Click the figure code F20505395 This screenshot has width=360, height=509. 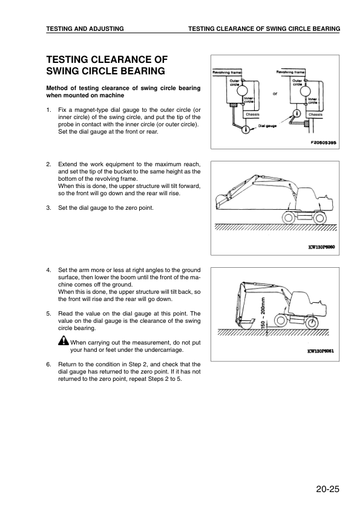click(319, 143)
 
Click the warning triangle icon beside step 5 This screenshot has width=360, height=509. click(63, 342)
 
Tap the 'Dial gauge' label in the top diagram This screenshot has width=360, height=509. click(267, 126)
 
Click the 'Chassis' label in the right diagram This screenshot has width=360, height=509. click(315, 114)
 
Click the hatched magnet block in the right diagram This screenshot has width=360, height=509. click(307, 124)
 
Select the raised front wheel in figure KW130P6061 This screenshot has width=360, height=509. click(280, 320)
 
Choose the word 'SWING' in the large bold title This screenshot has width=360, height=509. click(66, 71)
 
